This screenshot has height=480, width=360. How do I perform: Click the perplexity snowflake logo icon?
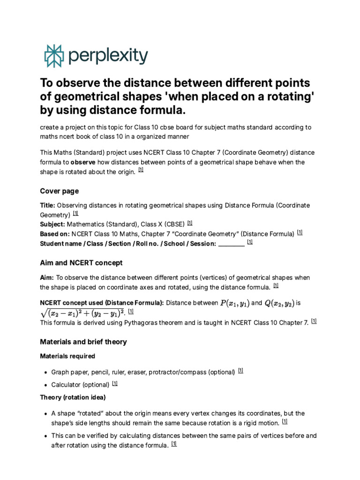[52, 56]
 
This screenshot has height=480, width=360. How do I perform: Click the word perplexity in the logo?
[108, 56]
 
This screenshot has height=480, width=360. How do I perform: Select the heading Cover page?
[59, 191]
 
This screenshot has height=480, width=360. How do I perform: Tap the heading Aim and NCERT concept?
[81, 262]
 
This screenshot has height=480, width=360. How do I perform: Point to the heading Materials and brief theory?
[83, 342]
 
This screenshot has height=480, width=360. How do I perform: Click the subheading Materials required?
[67, 356]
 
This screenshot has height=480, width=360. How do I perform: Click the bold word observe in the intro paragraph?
[83, 162]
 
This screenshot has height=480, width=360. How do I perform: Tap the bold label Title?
[47, 205]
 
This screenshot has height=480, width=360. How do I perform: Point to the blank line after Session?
[232, 244]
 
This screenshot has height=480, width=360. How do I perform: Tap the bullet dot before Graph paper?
[45, 373]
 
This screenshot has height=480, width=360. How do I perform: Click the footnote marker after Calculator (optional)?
[115, 383]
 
